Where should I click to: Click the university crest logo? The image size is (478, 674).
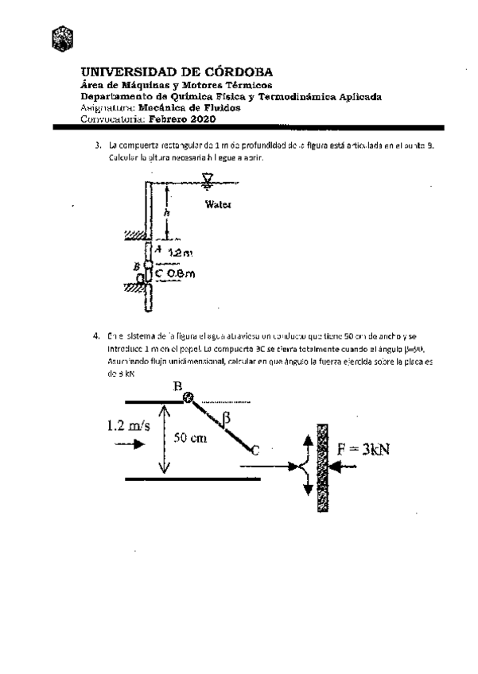pyautogui.click(x=62, y=36)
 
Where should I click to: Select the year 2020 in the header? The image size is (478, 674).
pyautogui.click(x=200, y=119)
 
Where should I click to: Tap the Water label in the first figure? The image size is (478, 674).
pyautogui.click(x=218, y=204)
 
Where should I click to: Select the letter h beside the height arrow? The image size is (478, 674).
pyautogui.click(x=167, y=212)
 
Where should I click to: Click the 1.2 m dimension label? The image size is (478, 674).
pyautogui.click(x=181, y=253)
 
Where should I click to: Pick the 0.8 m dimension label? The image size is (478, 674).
pyautogui.click(x=181, y=273)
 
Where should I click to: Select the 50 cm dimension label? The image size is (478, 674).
pyautogui.click(x=190, y=439)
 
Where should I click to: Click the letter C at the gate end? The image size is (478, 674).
pyautogui.click(x=255, y=451)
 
